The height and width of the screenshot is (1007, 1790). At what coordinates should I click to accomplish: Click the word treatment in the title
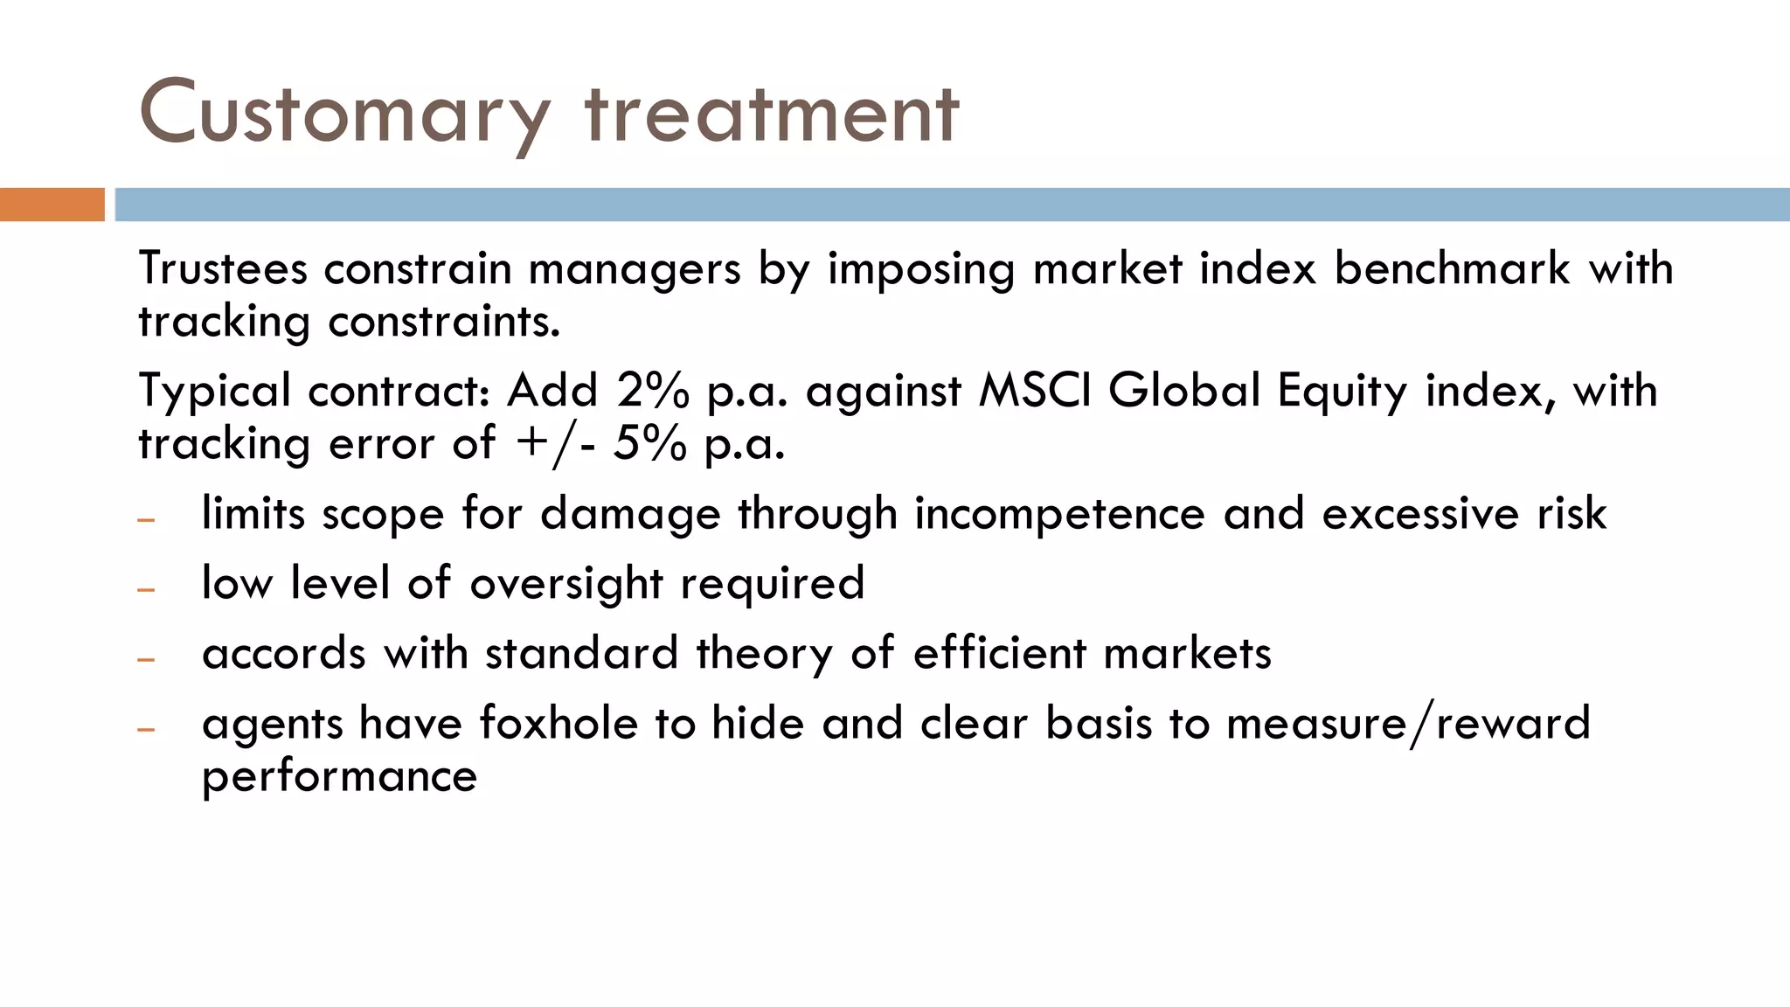click(x=772, y=114)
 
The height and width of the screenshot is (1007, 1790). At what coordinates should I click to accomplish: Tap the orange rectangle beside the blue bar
click(x=52, y=205)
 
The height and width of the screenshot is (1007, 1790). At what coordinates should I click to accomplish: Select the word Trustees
click(x=223, y=268)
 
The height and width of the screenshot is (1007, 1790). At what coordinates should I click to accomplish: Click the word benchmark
click(x=1452, y=268)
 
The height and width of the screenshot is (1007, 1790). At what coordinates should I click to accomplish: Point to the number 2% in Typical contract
click(x=652, y=391)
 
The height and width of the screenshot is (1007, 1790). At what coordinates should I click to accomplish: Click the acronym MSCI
click(x=1035, y=391)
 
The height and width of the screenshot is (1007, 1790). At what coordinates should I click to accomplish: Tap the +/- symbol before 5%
click(x=556, y=444)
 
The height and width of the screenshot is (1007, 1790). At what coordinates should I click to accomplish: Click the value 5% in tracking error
click(x=649, y=444)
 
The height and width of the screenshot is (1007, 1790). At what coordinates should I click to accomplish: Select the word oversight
click(x=566, y=583)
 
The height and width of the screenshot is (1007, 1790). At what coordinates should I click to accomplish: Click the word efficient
click(x=999, y=654)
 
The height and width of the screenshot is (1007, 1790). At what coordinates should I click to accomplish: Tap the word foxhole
click(x=559, y=724)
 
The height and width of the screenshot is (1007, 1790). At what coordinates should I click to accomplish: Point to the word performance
click(x=339, y=776)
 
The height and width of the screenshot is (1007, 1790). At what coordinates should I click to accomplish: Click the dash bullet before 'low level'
click(x=146, y=590)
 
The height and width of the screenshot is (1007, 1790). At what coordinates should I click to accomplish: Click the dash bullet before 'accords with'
click(x=146, y=660)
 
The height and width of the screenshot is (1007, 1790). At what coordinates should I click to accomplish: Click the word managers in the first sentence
click(x=635, y=268)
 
